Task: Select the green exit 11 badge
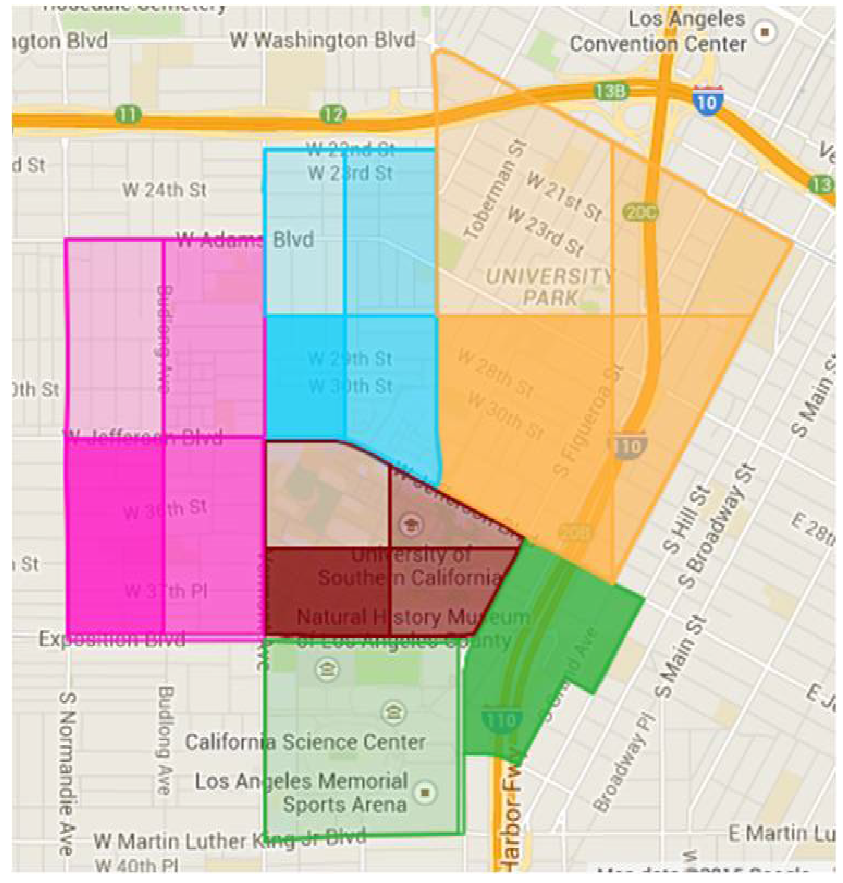tap(128, 115)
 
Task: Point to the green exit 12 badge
tap(333, 115)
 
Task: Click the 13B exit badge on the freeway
tap(611, 92)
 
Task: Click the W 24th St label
tap(165, 190)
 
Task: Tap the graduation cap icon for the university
tap(410, 524)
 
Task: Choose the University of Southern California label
tap(410, 566)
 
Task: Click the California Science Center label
tap(305, 742)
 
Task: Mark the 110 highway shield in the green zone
tap(502, 720)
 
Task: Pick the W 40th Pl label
tap(137, 865)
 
